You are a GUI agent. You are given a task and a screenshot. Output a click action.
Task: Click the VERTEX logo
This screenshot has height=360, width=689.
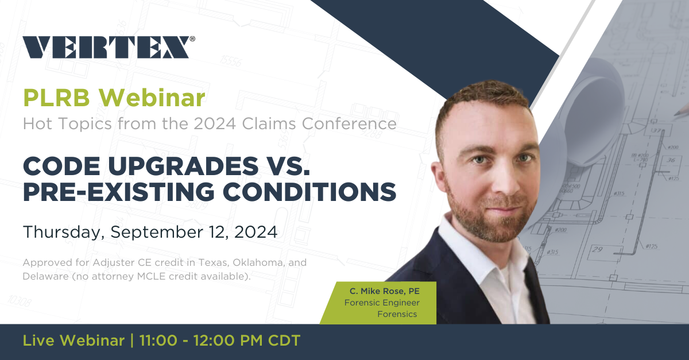106,47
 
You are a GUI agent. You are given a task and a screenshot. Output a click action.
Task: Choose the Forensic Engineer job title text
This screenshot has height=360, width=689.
382,303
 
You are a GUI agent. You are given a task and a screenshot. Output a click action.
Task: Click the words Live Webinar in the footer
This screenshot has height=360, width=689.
73,340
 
